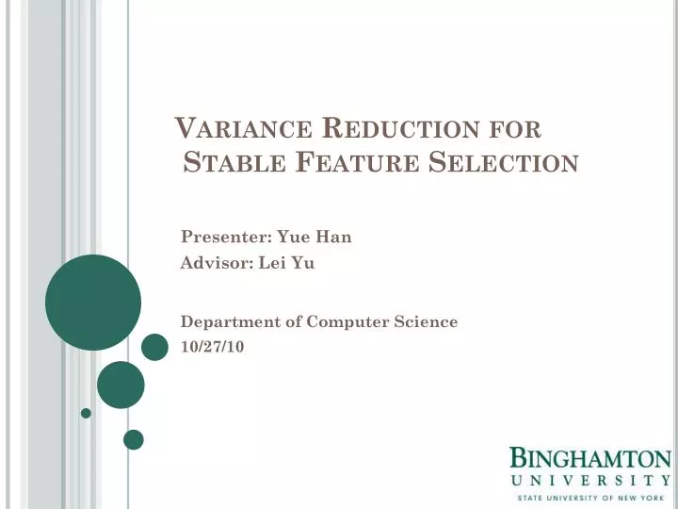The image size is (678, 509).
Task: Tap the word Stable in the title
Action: pos(234,163)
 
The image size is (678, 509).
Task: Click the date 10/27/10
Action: pos(212,347)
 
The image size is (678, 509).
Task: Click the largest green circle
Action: pos(93,303)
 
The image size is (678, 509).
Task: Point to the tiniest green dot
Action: pos(86,413)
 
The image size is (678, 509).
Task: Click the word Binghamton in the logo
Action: pos(590,459)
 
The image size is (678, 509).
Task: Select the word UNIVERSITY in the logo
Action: pos(590,480)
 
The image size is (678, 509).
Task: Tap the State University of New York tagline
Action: pos(590,497)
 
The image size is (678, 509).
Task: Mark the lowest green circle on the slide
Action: pos(134,439)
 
